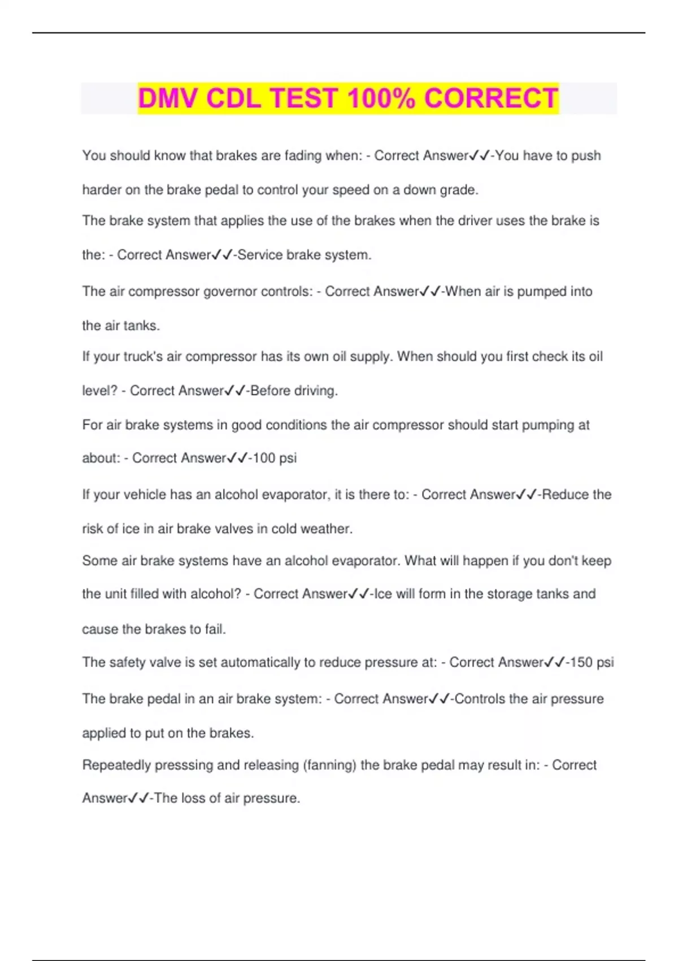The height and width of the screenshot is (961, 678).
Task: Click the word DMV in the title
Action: pos(168,98)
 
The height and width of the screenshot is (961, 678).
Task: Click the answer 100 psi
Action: pos(274,458)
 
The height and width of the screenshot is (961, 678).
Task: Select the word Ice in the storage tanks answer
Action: pos(383,594)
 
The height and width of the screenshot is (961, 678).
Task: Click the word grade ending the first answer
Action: pos(458,190)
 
